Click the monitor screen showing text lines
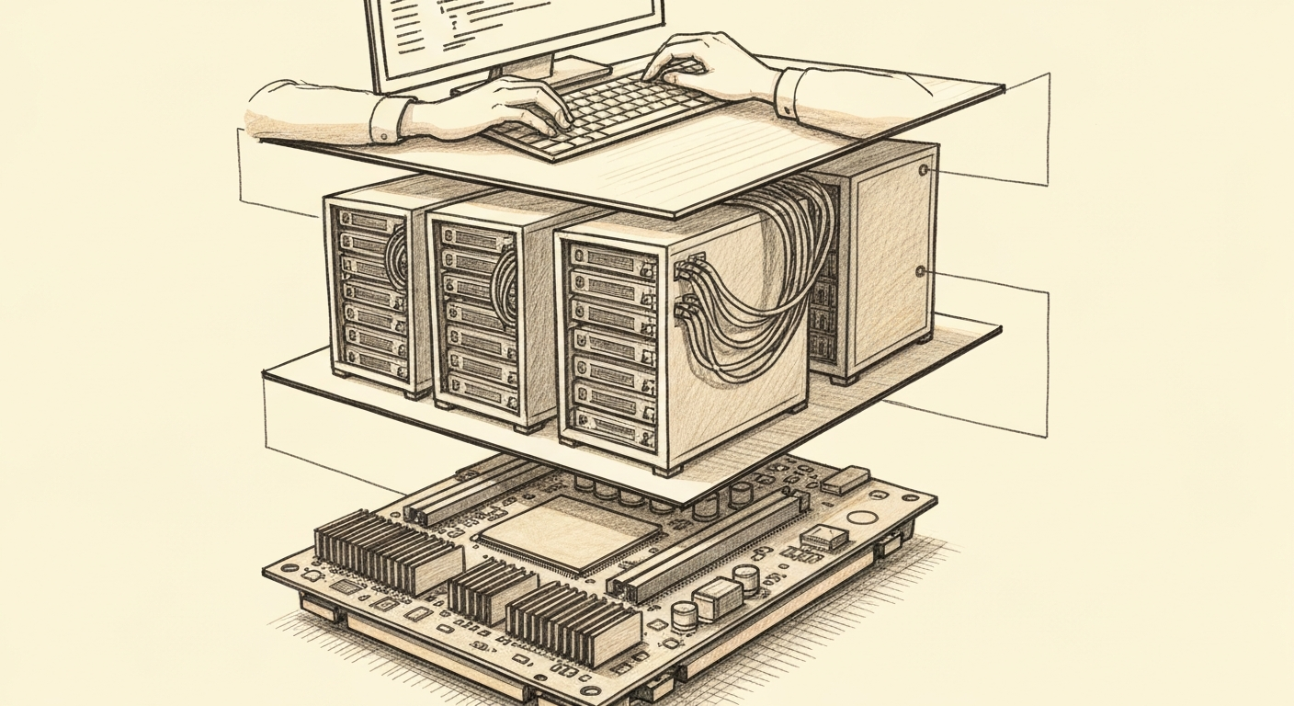pyautogui.click(x=515, y=28)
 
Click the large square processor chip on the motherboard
pyautogui.click(x=570, y=530)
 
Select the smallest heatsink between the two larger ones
pyautogui.click(x=492, y=587)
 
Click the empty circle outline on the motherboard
pyautogui.click(x=861, y=518)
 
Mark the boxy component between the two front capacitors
pyautogui.click(x=716, y=600)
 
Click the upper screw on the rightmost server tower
pyautogui.click(x=923, y=170)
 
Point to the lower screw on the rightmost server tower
pyautogui.click(x=921, y=271)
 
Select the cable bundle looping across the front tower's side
pyautogui.click(x=754, y=313)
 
